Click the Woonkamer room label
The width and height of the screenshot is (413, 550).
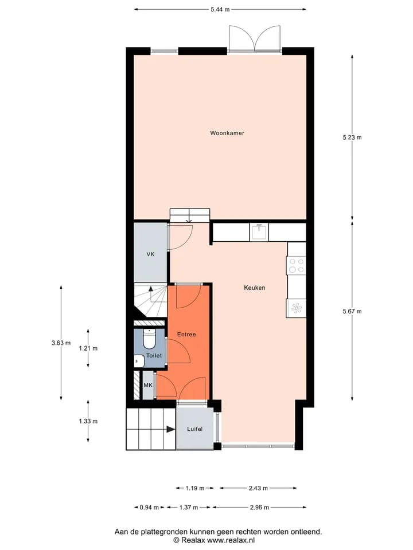227,133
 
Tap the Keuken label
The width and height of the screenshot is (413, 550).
254,288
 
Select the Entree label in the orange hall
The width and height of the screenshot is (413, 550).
186,334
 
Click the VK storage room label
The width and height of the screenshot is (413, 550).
150,254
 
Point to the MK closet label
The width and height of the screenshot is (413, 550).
148,385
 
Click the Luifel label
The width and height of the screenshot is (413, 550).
194,429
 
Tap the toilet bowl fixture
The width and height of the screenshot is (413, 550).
149,338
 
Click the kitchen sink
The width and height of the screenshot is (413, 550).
259,232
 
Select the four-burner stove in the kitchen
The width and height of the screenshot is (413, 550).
296,265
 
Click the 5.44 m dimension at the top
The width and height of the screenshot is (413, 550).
220,10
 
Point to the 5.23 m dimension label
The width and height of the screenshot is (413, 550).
352,137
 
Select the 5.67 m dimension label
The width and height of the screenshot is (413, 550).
352,311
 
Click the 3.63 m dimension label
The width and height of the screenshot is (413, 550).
61,343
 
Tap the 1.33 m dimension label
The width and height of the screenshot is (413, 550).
88,421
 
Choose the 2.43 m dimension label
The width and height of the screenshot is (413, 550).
258,488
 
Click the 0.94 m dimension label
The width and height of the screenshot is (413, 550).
149,507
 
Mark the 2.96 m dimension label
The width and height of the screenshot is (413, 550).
259,507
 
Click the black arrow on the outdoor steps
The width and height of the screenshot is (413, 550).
171,429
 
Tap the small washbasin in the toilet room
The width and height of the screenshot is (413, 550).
139,361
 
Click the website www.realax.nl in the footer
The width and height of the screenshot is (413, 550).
231,540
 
